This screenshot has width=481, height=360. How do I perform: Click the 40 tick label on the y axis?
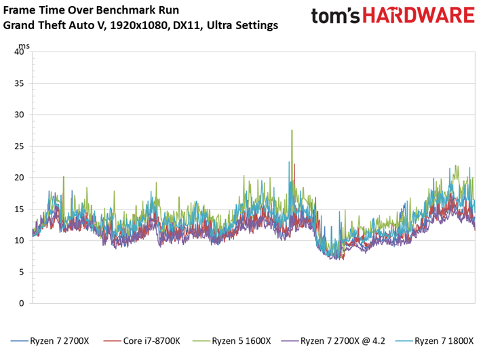19,52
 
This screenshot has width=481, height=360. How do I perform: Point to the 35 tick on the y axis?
19,83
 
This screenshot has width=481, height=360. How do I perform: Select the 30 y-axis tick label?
19,115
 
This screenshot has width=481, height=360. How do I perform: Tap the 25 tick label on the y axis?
19,146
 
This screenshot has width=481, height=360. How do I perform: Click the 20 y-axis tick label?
19,178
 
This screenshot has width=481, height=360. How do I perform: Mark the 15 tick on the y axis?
19,209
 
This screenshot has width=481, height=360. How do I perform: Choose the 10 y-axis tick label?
19,241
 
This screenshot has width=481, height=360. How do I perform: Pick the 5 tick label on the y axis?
22,272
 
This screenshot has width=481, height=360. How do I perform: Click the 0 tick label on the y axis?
22,303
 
